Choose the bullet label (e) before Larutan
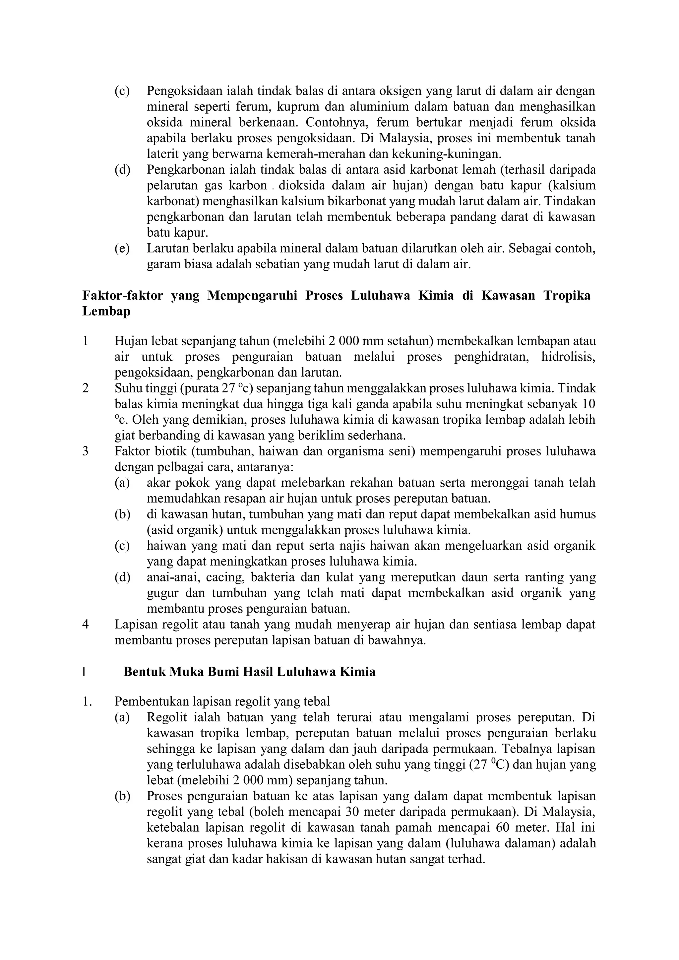(x=122, y=249)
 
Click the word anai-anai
(x=167, y=577)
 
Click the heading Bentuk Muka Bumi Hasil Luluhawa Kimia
(x=249, y=672)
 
